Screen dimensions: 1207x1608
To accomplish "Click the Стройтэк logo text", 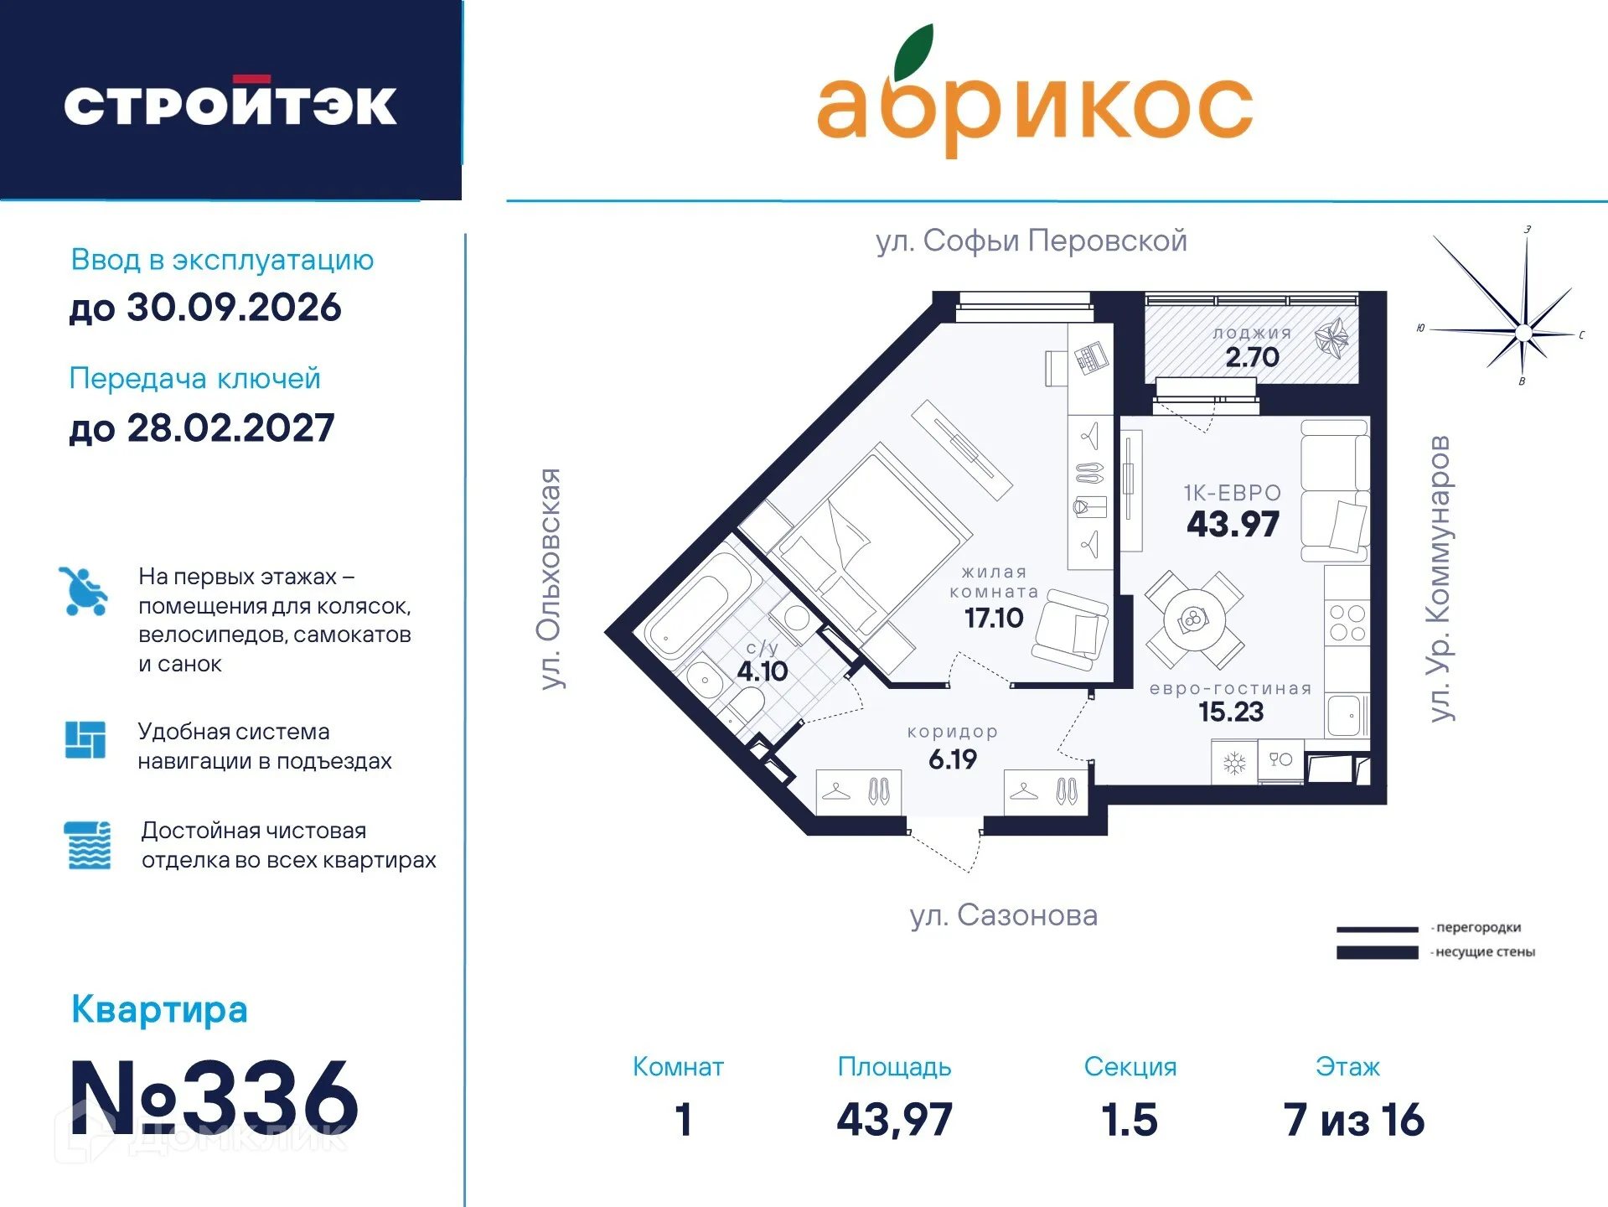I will point(230,105).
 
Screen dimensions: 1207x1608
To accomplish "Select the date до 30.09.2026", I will point(205,308).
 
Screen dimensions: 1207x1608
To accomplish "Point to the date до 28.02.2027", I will point(202,428).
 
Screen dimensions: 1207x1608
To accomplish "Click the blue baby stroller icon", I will point(84,591).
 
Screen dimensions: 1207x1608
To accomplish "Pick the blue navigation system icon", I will point(85,739).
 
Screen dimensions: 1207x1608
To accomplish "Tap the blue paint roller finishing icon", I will point(87,845).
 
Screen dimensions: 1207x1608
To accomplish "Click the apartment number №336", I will point(214,1098).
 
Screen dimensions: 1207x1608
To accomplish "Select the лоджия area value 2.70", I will point(1252,357).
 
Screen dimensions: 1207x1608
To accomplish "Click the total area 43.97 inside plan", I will point(1233,525).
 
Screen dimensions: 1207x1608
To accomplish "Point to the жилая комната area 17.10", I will point(993,619).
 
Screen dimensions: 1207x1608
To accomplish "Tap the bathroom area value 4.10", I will point(762,671).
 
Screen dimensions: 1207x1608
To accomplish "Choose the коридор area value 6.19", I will point(953,759).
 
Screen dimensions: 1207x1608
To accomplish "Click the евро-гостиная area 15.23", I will point(1230,712).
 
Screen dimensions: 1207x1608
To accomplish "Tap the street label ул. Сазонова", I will point(1003,915).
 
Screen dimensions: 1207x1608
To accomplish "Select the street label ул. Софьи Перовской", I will point(1031,241).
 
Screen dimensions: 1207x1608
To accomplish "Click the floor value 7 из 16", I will point(1353,1120).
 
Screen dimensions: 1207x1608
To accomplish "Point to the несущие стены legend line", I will point(1377,952).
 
